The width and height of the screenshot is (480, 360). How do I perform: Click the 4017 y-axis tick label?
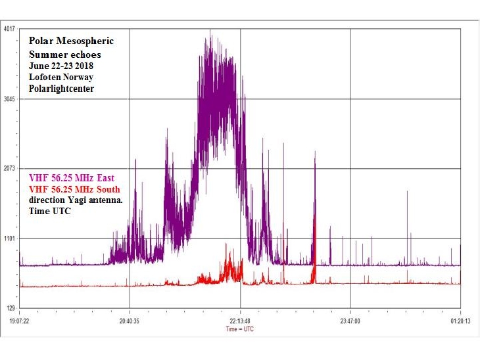pos(9,29)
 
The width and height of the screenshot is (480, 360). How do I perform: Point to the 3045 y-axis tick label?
pos(9,99)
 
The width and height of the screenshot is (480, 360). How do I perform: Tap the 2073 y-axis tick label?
pos(9,169)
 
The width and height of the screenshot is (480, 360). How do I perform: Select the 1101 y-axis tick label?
pos(9,238)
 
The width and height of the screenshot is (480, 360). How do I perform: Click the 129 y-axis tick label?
pos(11,308)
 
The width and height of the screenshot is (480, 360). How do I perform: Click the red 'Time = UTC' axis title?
pos(240,329)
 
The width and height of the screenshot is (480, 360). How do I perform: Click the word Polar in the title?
pos(41,41)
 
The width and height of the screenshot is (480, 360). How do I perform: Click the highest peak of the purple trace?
pos(210,30)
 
